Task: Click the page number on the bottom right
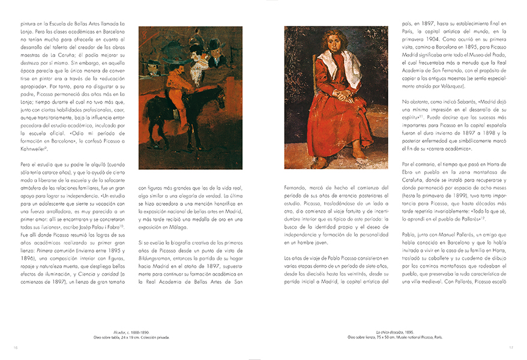point(511,347)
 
